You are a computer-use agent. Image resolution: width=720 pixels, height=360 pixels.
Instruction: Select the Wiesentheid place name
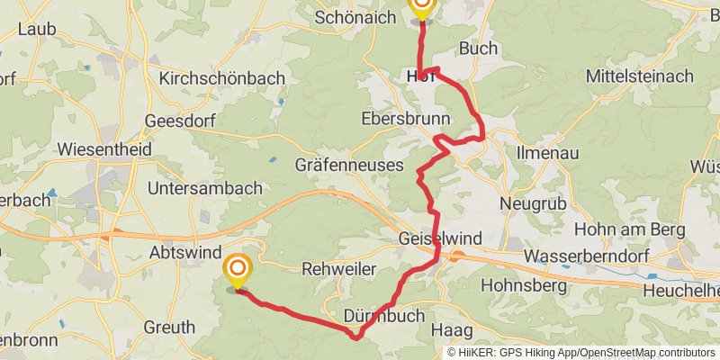pyautogui.click(x=103, y=149)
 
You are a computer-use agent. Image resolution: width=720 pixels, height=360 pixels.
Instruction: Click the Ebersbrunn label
pyautogui.click(x=398, y=118)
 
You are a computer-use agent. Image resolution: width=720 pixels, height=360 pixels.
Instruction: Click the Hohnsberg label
pyautogui.click(x=524, y=286)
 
